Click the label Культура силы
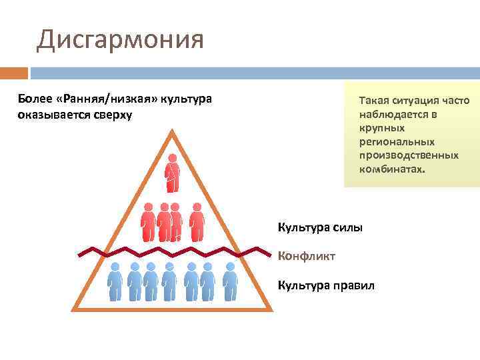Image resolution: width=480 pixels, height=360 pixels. (x=320, y=228)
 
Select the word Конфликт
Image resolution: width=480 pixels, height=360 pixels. (x=307, y=256)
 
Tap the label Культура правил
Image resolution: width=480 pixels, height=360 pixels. (x=326, y=285)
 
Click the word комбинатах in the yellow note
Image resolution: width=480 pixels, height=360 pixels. (x=391, y=169)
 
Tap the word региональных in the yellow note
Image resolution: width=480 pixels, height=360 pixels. (x=397, y=141)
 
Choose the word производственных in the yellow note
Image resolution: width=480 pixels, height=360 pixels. (x=409, y=155)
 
